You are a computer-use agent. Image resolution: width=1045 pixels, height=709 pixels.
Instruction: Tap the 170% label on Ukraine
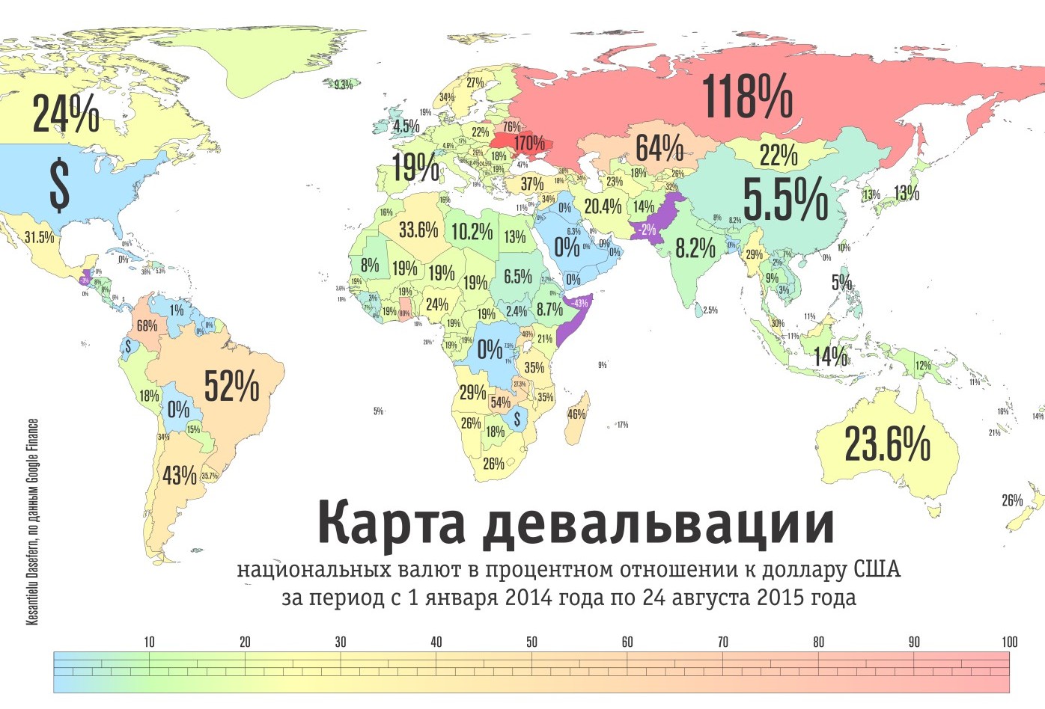coord(528,143)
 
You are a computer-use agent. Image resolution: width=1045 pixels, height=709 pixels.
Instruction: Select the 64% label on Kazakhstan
coord(659,148)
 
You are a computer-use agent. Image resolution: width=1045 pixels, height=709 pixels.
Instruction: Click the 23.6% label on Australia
coord(887,443)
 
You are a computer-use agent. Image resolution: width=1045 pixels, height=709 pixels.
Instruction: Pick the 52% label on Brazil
coord(231,386)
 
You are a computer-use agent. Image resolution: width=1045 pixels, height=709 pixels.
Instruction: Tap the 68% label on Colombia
coord(147,326)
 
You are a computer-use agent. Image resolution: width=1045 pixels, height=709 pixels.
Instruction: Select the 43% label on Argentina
coord(180,475)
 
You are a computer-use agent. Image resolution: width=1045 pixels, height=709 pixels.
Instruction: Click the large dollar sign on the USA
coord(59,185)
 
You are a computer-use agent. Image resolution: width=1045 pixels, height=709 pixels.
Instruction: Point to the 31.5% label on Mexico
coord(39,238)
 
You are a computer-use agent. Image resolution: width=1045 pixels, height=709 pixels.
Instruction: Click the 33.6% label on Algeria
coord(418,230)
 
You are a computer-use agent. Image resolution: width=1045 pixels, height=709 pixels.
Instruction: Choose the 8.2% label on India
coord(695,248)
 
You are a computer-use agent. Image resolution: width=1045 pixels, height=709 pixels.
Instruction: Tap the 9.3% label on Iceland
coord(343,85)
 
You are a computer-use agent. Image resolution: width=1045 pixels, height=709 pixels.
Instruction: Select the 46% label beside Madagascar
coord(576,414)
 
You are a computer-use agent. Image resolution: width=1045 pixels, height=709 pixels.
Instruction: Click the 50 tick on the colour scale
coord(531,642)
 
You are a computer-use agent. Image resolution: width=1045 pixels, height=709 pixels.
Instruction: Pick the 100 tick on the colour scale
coord(1009,642)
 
